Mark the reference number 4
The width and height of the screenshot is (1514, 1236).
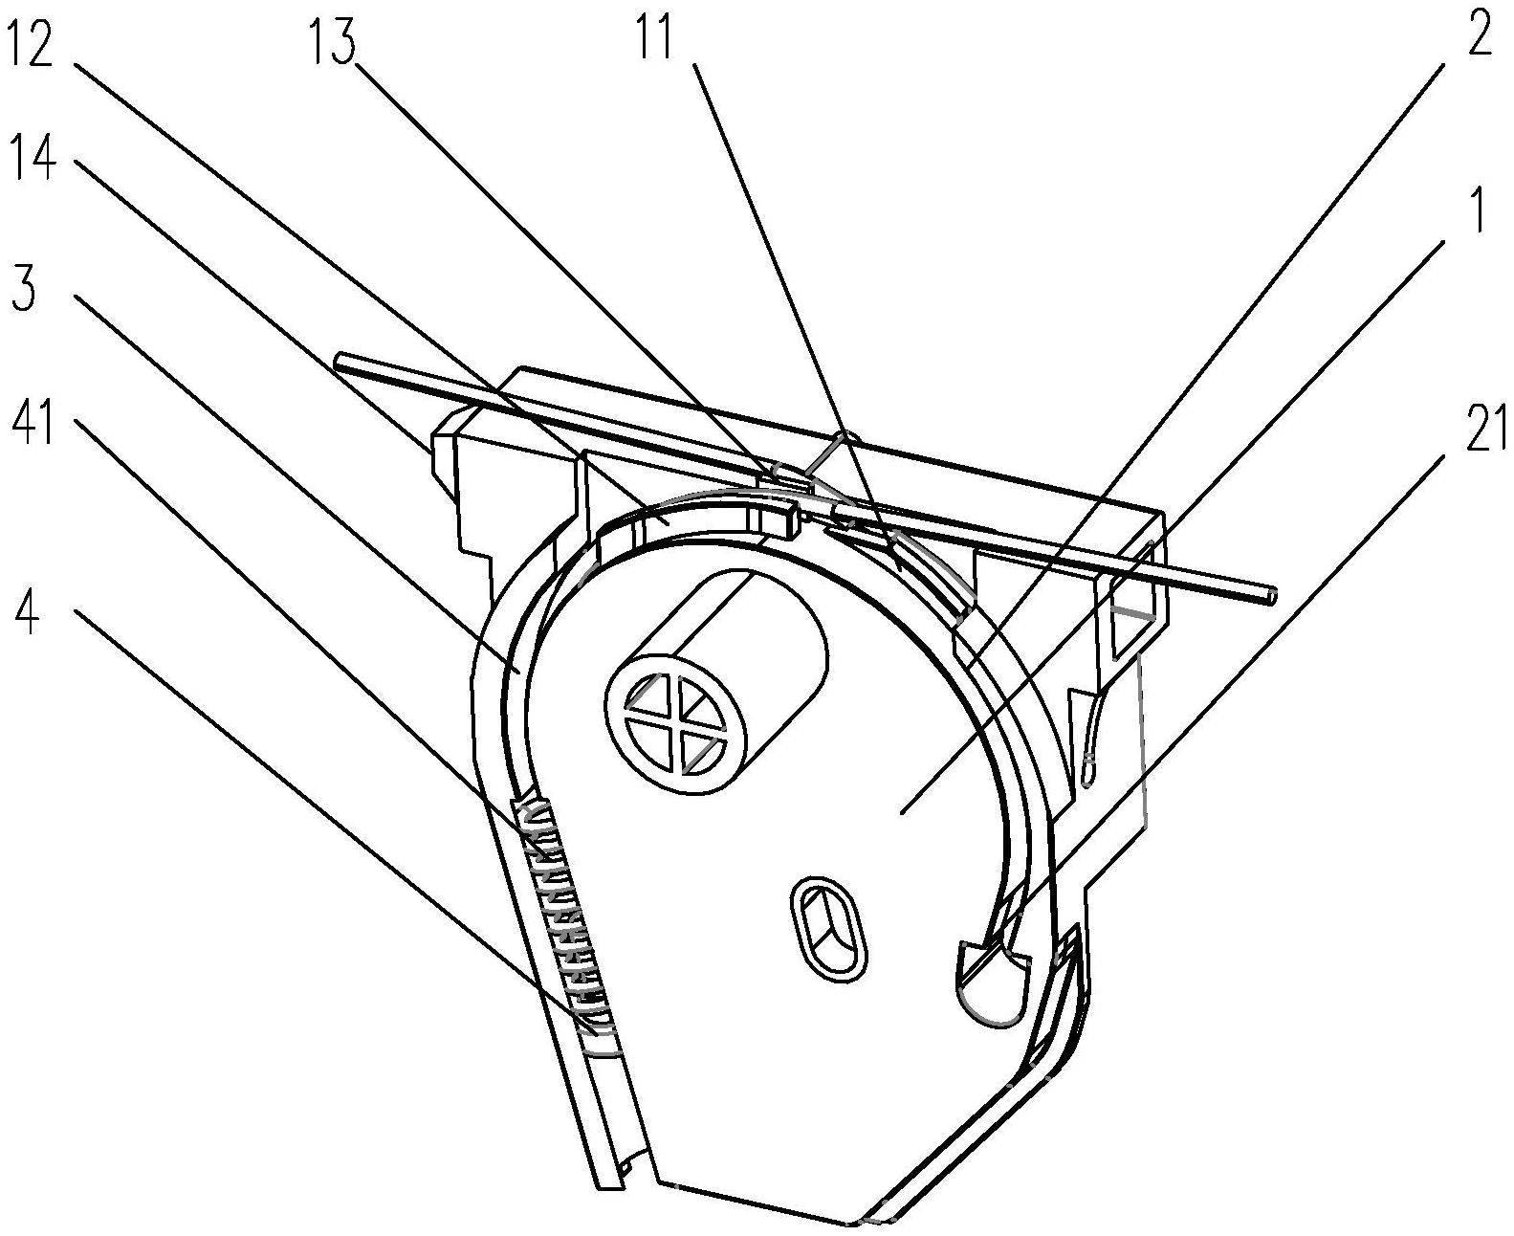point(26,613)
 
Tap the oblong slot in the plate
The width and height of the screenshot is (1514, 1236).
point(828,925)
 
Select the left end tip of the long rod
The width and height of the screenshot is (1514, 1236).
point(339,361)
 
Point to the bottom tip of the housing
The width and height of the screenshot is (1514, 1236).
point(851,1222)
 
